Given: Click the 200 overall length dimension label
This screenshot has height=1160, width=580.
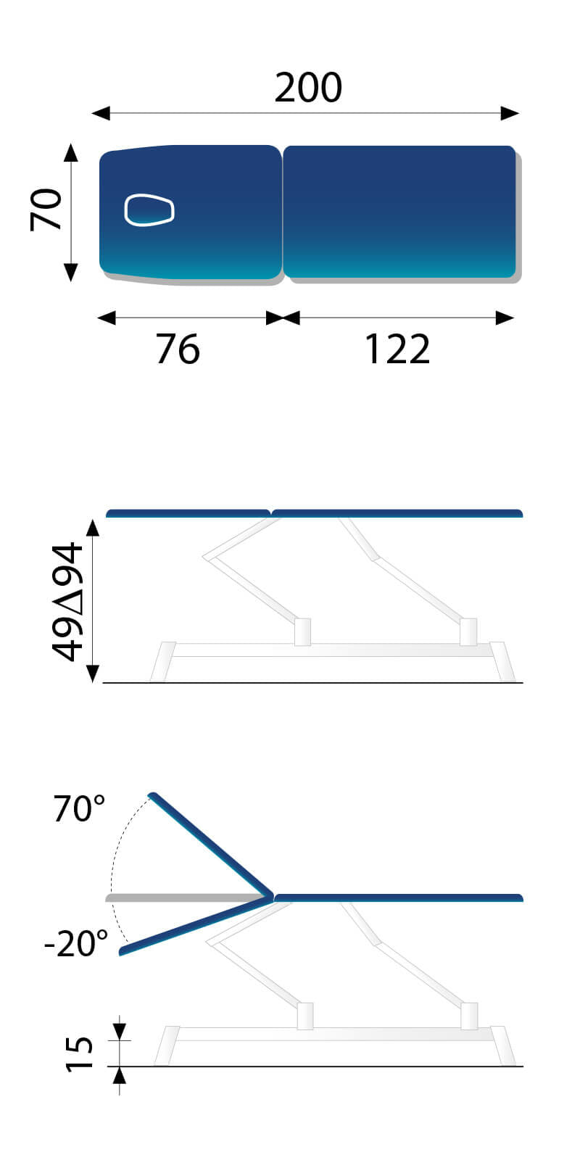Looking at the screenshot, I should coord(308,88).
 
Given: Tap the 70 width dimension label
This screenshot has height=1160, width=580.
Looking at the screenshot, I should coord(48,210).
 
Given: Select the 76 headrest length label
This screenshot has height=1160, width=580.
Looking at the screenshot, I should coord(178,349).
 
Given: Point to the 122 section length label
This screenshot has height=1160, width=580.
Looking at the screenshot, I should coord(397,349).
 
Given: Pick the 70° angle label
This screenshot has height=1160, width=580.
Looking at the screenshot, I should coord(79,808).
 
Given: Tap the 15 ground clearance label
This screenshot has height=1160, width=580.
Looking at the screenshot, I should coord(80,1053).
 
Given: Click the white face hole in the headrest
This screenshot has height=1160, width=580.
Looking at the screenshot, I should coord(149,210).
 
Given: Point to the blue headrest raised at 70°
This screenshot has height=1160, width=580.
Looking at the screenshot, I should coord(210,845).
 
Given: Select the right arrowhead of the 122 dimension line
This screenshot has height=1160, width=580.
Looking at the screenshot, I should coord(505,318).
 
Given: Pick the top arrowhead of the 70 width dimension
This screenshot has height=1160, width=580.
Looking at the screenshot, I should coord(70,153).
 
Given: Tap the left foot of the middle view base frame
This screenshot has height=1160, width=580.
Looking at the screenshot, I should coord(163,662).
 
